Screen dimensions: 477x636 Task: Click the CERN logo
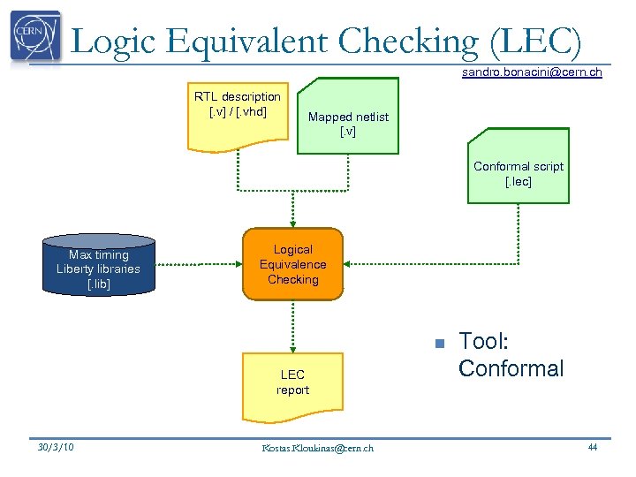[x=36, y=36]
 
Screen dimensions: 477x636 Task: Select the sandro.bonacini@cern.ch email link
[x=532, y=72]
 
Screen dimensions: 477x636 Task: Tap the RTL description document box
[x=238, y=111]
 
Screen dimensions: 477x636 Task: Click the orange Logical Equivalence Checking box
[x=292, y=264]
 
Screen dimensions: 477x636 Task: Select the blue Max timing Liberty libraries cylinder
[x=98, y=266]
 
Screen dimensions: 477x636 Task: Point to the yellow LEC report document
[x=292, y=382]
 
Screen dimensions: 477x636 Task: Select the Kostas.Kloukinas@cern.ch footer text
[x=317, y=448]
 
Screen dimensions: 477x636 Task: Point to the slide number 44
[x=592, y=447]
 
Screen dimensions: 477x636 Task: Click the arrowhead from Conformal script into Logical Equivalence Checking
[x=348, y=264]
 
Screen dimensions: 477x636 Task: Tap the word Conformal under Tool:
[x=511, y=368]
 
